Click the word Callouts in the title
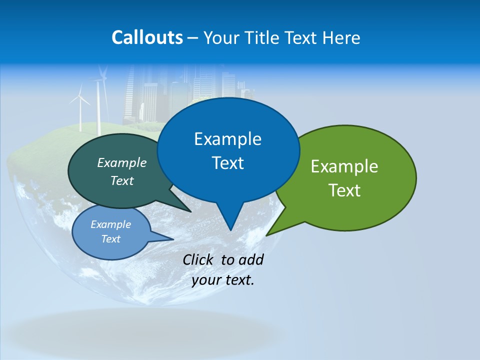coord(147,37)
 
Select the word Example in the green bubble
coord(344,166)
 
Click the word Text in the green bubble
coord(344,190)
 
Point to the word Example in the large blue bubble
coord(227,139)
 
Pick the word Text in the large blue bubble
coord(227,163)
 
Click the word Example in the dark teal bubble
coord(121,162)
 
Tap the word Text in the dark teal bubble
coord(121,180)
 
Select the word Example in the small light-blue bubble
coord(110,224)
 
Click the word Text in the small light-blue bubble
coord(110,239)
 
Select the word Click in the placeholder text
coord(198,259)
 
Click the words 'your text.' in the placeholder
coord(222,280)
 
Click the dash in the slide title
coord(193,38)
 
